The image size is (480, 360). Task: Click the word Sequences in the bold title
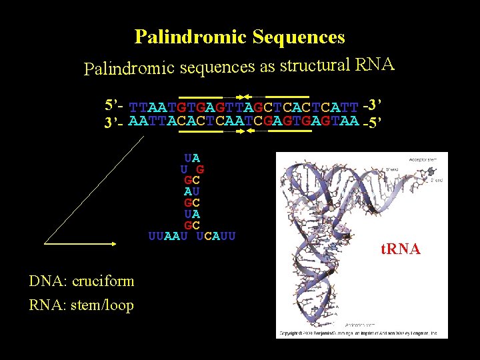pos(299,37)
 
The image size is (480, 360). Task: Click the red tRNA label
pos(400,249)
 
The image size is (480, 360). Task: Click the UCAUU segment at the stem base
pos(217,235)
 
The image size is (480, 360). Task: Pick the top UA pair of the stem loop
pos(192,158)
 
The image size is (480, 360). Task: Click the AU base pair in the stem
pos(192,191)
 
